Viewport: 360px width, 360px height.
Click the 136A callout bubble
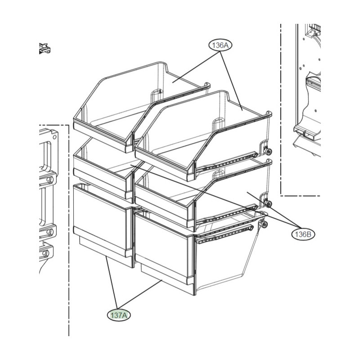coord(220,45)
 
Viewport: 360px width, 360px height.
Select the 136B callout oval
coord(303,234)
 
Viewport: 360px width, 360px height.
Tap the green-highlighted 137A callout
coord(119,315)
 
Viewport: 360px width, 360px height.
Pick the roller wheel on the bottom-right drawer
coord(264,225)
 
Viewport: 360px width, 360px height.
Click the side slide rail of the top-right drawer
coord(227,162)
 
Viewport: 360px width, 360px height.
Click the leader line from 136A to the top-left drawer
coord(196,67)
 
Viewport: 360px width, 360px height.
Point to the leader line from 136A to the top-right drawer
coord(231,81)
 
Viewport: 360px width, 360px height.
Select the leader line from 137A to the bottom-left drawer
coord(112,283)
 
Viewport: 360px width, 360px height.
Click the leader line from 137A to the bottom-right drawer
coord(140,294)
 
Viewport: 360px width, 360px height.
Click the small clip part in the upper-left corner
coord(45,49)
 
